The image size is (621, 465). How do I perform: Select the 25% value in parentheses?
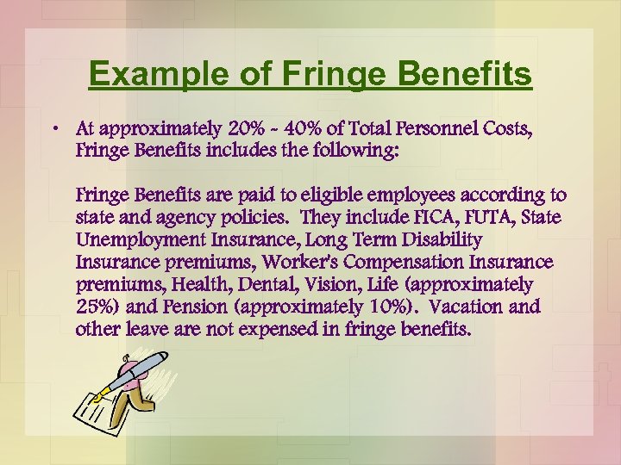click(x=92, y=307)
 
